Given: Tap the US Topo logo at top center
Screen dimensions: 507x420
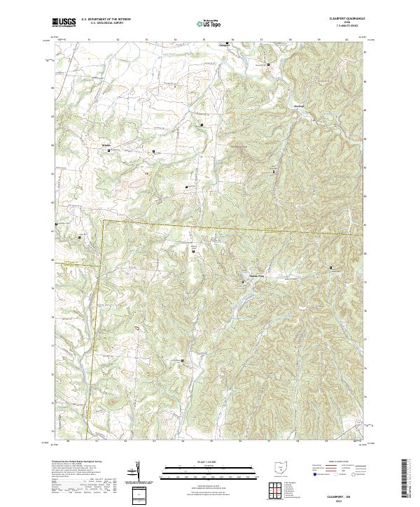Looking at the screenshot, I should tap(209, 22).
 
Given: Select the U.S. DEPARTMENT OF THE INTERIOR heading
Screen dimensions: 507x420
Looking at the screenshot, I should tap(106, 19).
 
